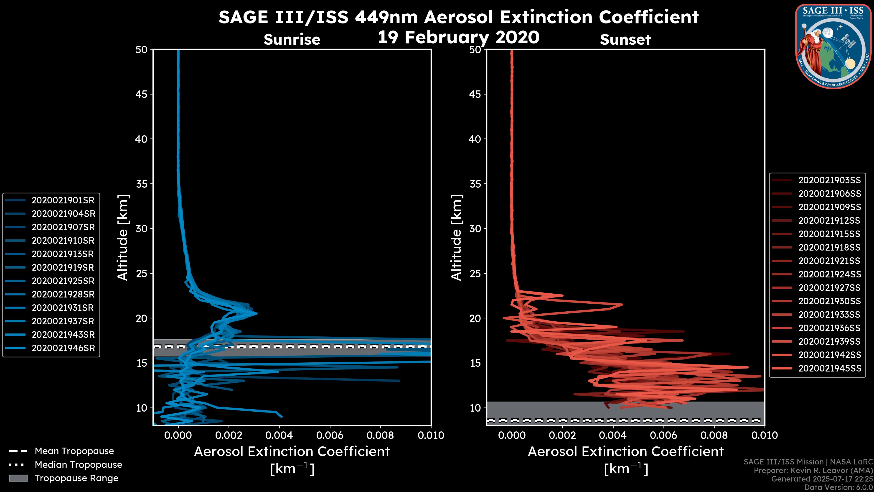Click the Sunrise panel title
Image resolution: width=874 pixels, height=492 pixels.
click(292, 40)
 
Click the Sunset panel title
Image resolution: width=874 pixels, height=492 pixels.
click(625, 40)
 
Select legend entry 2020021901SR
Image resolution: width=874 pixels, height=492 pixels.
click(63, 200)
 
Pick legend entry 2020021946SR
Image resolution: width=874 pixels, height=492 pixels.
click(63, 348)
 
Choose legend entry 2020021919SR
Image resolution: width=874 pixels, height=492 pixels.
click(63, 268)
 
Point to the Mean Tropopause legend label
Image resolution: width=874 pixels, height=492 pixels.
click(74, 451)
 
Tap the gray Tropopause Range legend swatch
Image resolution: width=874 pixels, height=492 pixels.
click(18, 478)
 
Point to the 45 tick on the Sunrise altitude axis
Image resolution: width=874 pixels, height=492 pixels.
click(142, 94)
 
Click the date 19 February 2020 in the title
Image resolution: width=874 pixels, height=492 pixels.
click(458, 37)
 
